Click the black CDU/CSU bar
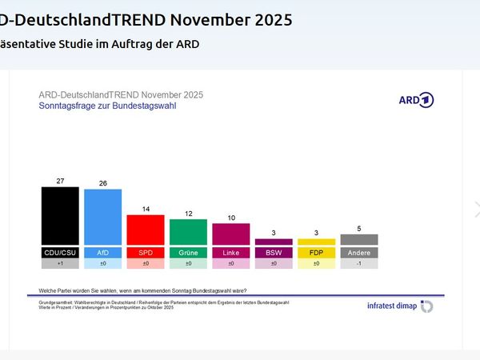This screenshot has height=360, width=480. click(60, 216)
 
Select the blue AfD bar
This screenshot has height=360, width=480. click(102, 217)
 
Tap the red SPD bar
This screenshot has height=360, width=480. click(146, 230)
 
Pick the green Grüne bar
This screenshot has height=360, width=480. click(188, 232)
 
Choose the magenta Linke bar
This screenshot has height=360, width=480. click(231, 234)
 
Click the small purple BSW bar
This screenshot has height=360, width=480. click(274, 242)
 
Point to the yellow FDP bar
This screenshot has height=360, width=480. click(316, 242)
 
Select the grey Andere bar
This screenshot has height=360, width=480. click(359, 239)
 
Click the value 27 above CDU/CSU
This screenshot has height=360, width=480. click(60, 182)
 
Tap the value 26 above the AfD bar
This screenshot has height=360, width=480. click(102, 183)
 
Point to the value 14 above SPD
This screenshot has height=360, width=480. click(146, 209)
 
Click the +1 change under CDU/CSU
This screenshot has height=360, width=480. click(60, 263)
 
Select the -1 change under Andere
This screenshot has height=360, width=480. click(359, 263)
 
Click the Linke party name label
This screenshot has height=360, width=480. click(231, 252)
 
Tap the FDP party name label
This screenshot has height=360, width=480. click(316, 252)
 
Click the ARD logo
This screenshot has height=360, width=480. click(415, 100)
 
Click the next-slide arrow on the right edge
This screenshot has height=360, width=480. click(477, 209)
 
